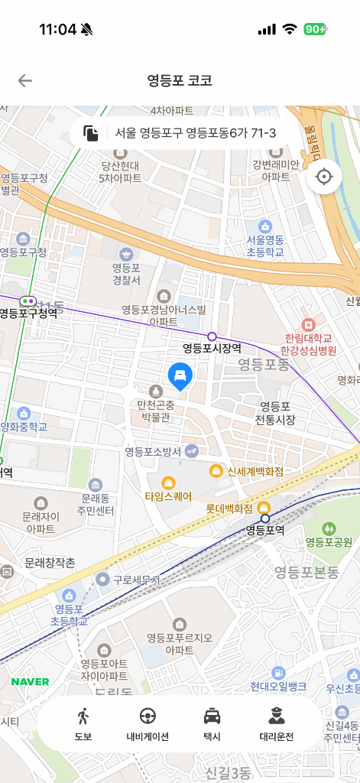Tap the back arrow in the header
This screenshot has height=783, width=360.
pos(25,81)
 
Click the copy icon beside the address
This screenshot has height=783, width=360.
pos(92,133)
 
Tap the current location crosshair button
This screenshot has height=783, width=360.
pos(324,177)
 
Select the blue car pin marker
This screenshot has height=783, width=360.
pos(180,375)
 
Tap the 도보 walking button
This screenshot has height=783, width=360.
pos(83,724)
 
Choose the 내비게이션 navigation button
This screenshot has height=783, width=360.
pos(148,724)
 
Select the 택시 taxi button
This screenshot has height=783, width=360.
pos(212,724)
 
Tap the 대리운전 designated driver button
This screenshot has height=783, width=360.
pos(276,724)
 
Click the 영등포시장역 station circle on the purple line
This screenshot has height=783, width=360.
pos(212,336)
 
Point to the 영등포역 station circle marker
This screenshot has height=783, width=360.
pos(265,518)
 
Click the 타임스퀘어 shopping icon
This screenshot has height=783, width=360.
pos(168,482)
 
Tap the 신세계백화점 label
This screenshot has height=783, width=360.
pos(255,471)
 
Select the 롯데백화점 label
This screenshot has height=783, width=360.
pos(229,508)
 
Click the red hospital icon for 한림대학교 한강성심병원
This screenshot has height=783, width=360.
pos(308,325)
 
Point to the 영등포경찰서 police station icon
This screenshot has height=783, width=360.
pos(126,253)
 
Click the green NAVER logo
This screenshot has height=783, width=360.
pos(31,681)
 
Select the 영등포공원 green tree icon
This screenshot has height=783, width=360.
pos(329,528)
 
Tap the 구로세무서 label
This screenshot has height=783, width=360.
pos(137,580)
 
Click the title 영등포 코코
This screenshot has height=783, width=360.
pos(180,81)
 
